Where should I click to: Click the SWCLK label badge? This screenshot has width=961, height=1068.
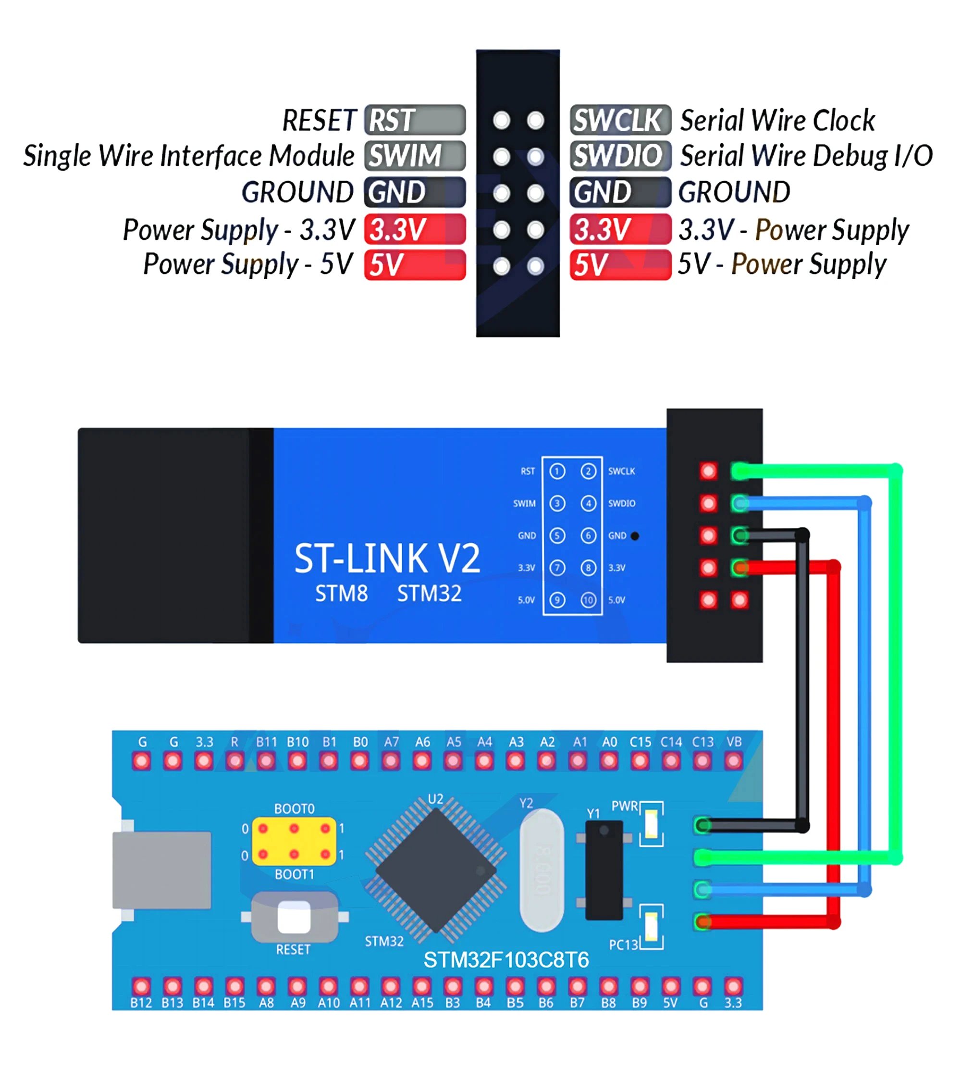pyautogui.click(x=620, y=120)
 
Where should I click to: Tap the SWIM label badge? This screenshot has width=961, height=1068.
pyautogui.click(x=415, y=155)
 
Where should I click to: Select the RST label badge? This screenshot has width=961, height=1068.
pyautogui.click(x=415, y=120)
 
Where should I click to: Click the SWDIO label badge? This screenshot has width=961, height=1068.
pyautogui.click(x=620, y=155)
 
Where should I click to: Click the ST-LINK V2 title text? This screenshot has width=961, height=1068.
pyautogui.click(x=387, y=559)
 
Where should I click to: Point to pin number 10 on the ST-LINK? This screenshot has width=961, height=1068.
pyautogui.click(x=588, y=600)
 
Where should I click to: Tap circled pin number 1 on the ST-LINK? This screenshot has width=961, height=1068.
pyautogui.click(x=557, y=471)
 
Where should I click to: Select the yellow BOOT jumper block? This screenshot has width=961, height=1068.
pyautogui.click(x=294, y=842)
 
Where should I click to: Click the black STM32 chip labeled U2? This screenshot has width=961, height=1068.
pyautogui.click(x=436, y=871)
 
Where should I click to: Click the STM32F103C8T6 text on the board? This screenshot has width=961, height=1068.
pyautogui.click(x=505, y=960)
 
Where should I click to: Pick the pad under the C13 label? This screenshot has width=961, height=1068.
pyautogui.click(x=702, y=761)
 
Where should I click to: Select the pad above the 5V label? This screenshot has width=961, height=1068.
pyautogui.click(x=671, y=986)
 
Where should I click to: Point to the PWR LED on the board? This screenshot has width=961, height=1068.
pyautogui.click(x=652, y=824)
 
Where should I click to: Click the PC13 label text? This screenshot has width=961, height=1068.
pyautogui.click(x=624, y=945)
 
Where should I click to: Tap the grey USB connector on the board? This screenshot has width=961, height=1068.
pyautogui.click(x=162, y=870)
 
